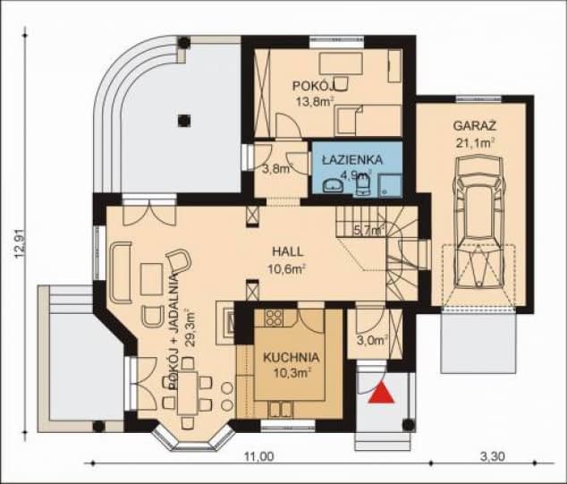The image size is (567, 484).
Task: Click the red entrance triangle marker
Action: (x=381, y=394)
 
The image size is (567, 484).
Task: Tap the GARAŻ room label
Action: (x=474, y=126)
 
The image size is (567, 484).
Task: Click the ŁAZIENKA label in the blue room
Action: (x=352, y=159)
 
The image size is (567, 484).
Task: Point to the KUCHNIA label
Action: (x=291, y=357)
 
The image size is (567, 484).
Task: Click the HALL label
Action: (x=288, y=251)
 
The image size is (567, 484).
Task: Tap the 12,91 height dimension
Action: (x=21, y=243)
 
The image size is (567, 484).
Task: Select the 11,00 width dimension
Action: (x=258, y=457)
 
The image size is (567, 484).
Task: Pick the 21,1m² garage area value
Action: (x=475, y=143)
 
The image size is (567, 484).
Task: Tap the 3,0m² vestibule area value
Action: (x=373, y=340)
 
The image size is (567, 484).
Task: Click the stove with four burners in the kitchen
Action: (x=274, y=318)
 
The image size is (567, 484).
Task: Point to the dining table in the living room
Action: (x=187, y=394)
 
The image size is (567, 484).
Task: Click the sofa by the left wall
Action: (x=121, y=272)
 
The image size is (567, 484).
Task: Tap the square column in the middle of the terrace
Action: (x=184, y=120)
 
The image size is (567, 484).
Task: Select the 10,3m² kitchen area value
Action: (x=292, y=373)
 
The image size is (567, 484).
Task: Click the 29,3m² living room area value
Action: (x=190, y=327)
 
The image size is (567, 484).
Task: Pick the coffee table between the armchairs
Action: (x=152, y=279)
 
